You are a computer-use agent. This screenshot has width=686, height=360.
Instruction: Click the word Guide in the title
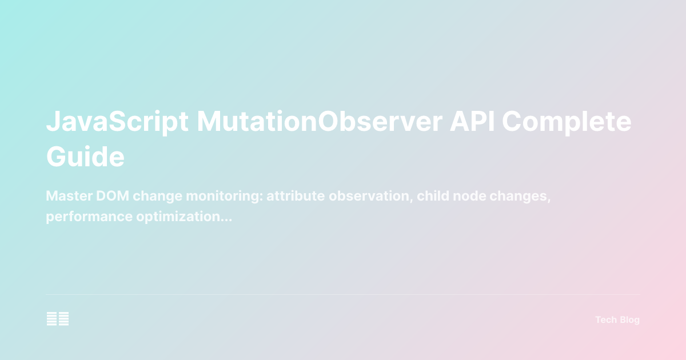click(85, 156)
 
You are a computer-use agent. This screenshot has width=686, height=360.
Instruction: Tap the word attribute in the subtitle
click(292, 196)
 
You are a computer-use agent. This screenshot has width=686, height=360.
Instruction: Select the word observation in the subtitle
click(365, 196)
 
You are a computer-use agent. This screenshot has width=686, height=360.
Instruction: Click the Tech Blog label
click(617, 320)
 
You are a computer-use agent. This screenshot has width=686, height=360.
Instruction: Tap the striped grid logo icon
click(58, 319)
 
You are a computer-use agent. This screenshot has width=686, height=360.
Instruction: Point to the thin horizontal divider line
click(343, 295)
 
